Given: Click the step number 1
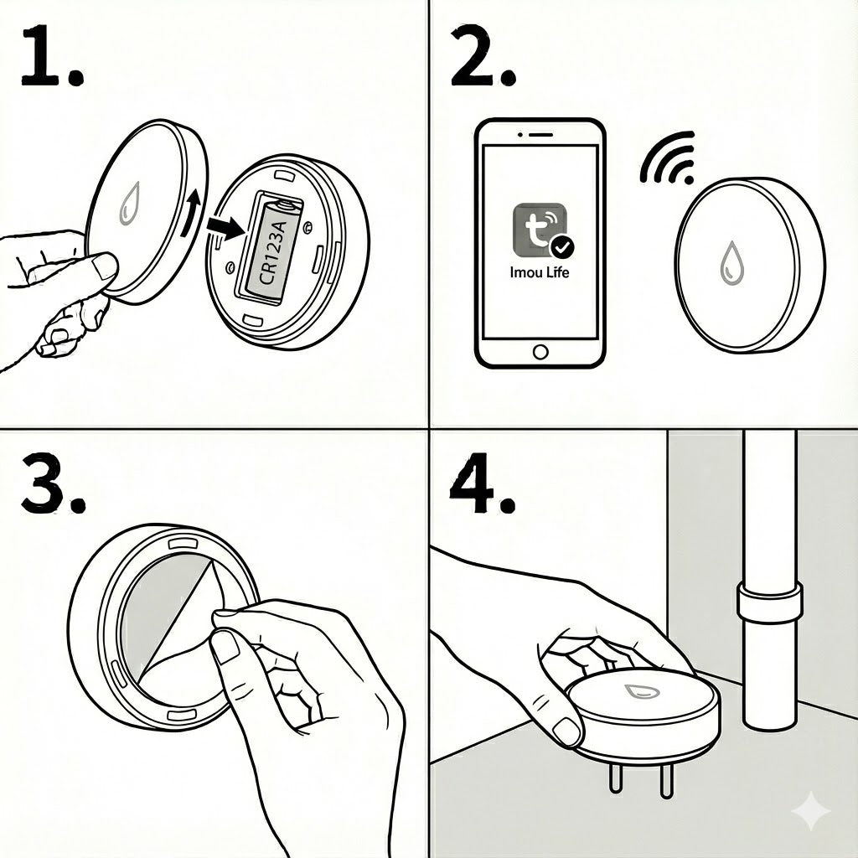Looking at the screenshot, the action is tap(52, 56).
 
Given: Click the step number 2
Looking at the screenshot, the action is tap(483, 56).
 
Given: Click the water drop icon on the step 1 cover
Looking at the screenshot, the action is tap(130, 203).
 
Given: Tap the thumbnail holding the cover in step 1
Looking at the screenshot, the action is tap(105, 266).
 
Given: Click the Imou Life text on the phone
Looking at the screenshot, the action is tap(540, 272).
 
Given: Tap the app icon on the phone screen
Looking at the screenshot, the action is tap(540, 230).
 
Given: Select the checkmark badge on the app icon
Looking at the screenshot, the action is tap(561, 247).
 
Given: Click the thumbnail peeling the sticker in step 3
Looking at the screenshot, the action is tap(225, 648).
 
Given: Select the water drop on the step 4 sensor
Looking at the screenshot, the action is tap(642, 691).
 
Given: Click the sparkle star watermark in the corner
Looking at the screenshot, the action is tap(813, 810).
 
